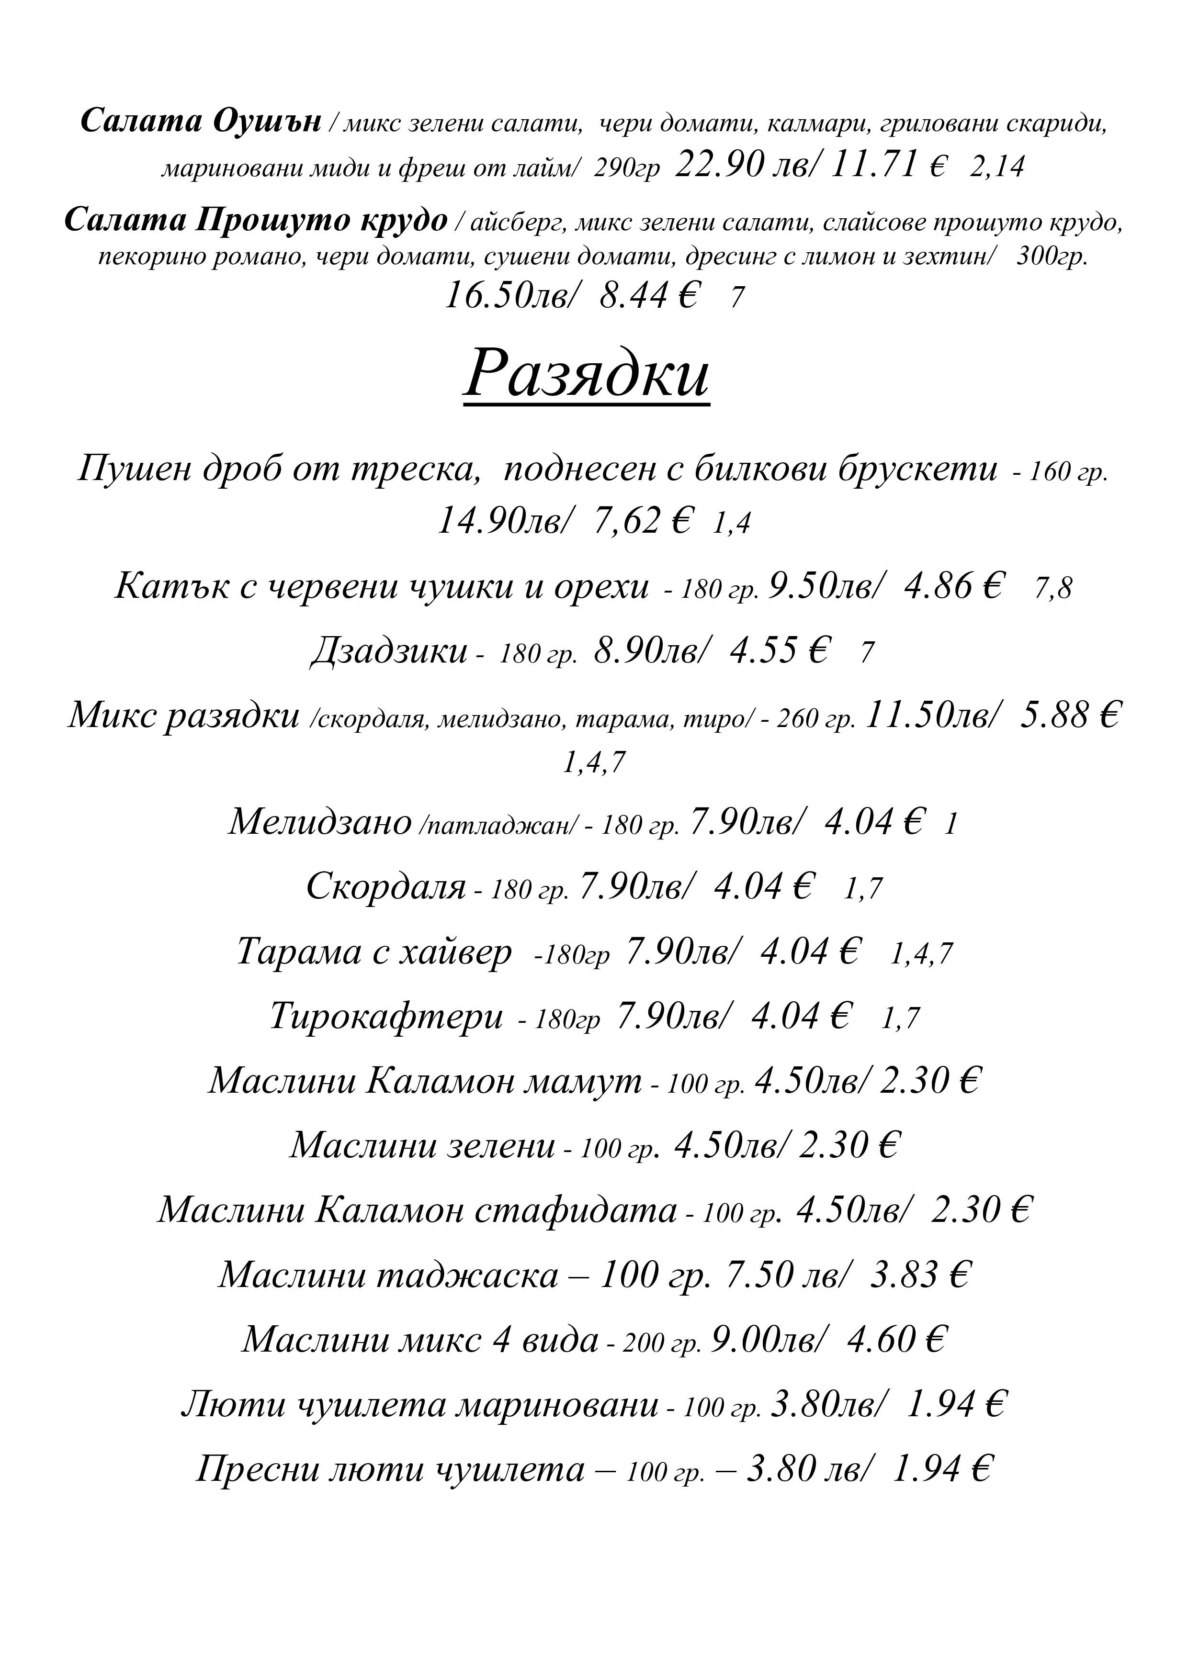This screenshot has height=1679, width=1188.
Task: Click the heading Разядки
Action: [586, 375]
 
